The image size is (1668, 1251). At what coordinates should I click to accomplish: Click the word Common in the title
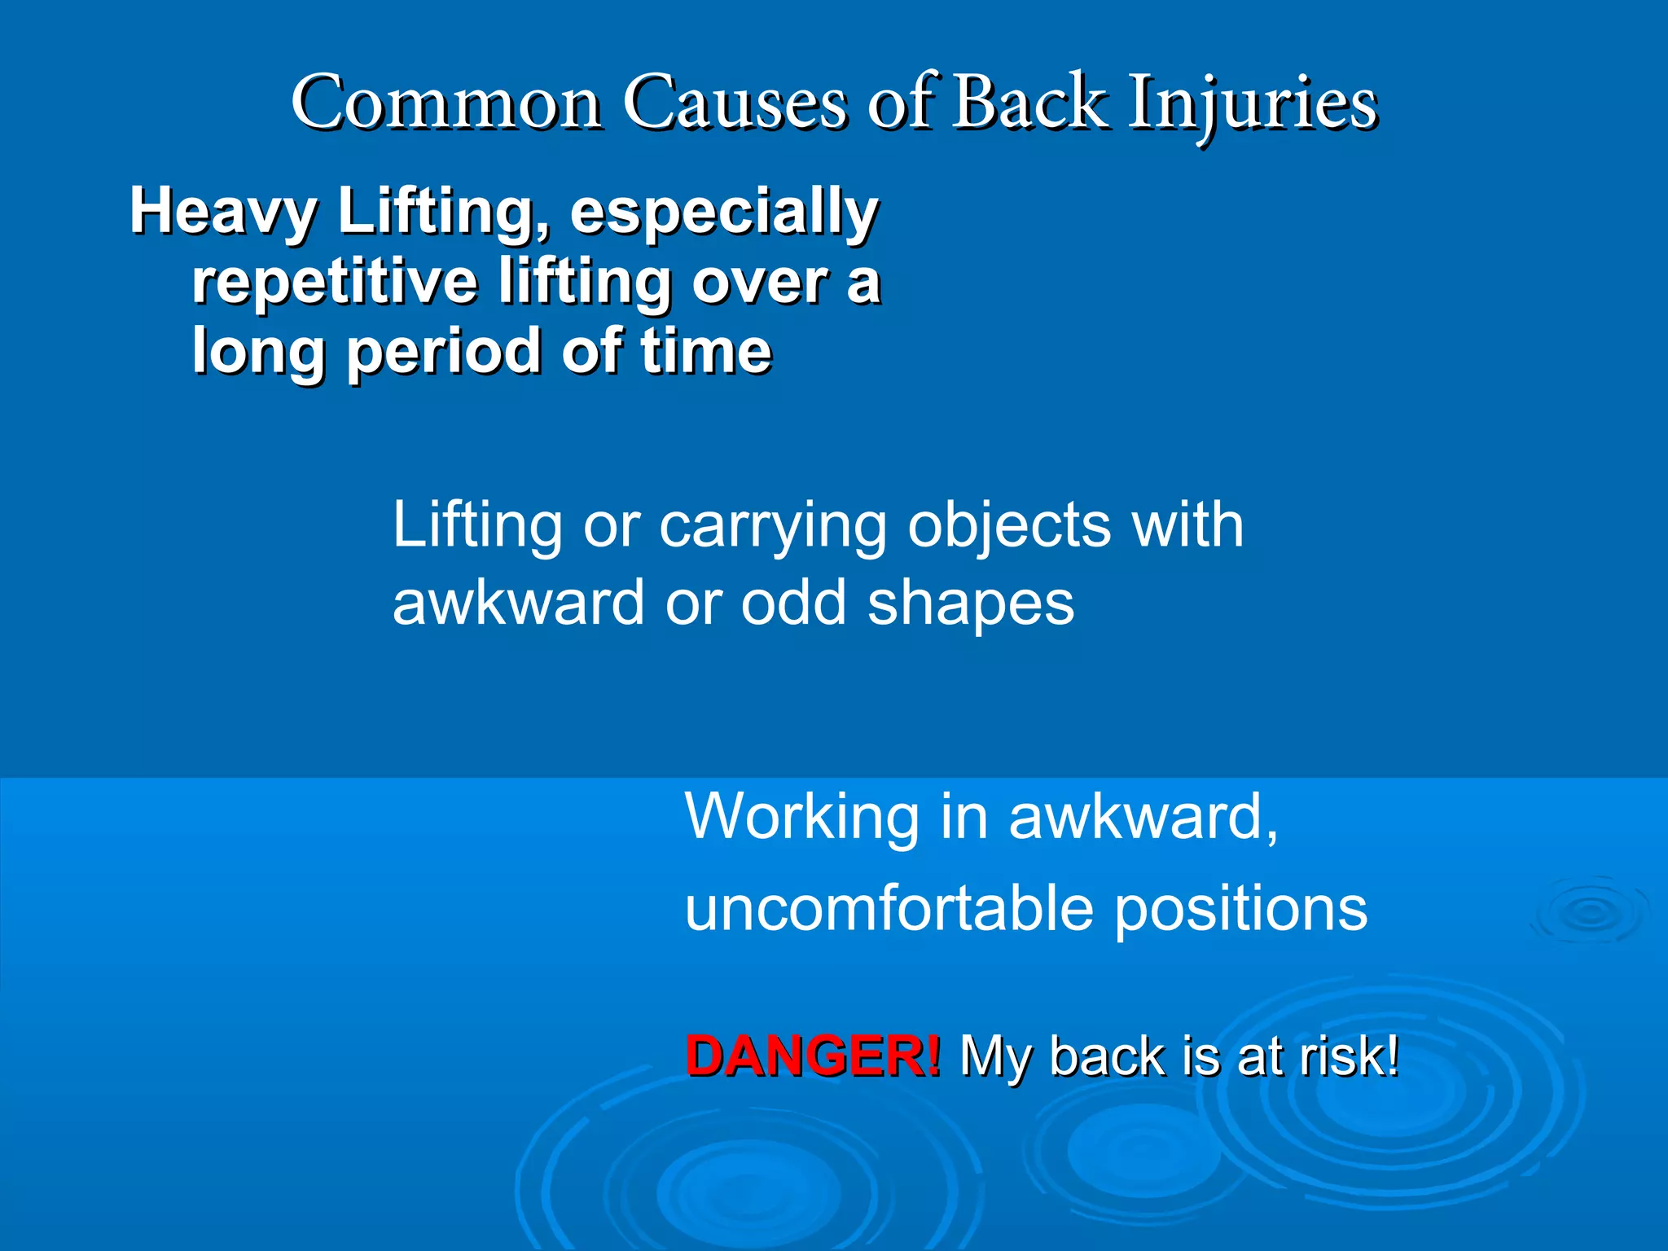tap(446, 103)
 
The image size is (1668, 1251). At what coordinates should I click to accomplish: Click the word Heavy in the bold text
tap(222, 211)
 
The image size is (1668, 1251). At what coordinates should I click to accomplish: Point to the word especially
tap(724, 211)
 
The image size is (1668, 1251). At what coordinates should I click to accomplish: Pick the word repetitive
tap(334, 281)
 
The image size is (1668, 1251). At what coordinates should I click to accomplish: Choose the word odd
tap(793, 604)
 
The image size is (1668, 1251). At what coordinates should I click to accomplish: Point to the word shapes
tap(971, 604)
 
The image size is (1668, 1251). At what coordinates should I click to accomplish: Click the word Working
tap(801, 816)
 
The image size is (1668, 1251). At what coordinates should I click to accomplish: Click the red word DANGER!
tap(813, 1056)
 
